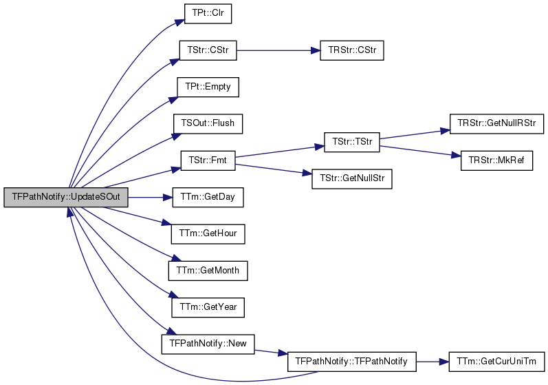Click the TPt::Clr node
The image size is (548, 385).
[x=208, y=14]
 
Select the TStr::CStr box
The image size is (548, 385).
[x=208, y=50]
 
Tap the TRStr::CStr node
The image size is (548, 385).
[x=352, y=50]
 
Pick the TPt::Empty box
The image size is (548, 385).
[x=208, y=87]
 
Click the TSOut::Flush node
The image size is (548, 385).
[x=208, y=123]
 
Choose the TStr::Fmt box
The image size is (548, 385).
[x=208, y=160]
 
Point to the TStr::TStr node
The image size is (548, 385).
[x=352, y=142]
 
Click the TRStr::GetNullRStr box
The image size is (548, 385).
[x=496, y=123]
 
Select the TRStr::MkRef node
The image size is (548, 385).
[x=496, y=160]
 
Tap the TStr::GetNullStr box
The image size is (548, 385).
[x=352, y=179]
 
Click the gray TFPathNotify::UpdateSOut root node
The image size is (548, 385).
[x=66, y=198]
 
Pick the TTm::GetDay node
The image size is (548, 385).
[x=208, y=198]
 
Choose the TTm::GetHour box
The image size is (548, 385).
[x=208, y=234]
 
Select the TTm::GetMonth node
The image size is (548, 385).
[x=208, y=271]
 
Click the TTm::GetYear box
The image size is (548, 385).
[x=208, y=308]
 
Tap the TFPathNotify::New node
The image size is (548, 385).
[x=208, y=344]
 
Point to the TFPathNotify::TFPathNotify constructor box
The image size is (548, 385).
[x=352, y=362]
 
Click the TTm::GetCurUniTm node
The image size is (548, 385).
[x=496, y=362]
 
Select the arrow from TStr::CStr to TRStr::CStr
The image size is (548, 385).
[x=278, y=50]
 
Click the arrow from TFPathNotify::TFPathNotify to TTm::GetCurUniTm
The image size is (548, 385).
[x=432, y=362]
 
